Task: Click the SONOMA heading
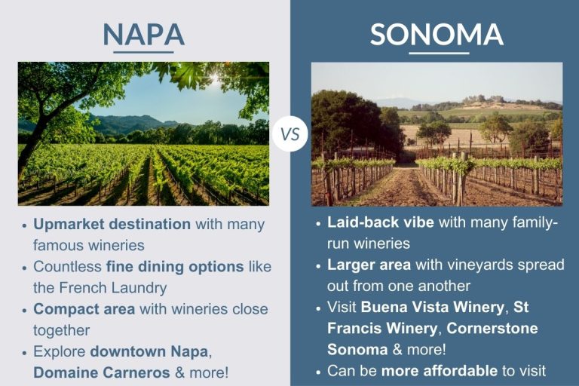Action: [437, 34]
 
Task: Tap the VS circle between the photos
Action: [290, 134]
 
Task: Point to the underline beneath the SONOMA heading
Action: [438, 53]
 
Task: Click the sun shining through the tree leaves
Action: [214, 78]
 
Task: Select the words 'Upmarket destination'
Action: [112, 224]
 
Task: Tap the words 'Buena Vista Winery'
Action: [432, 308]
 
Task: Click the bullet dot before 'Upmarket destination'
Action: [24, 225]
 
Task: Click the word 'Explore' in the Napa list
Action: [60, 351]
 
